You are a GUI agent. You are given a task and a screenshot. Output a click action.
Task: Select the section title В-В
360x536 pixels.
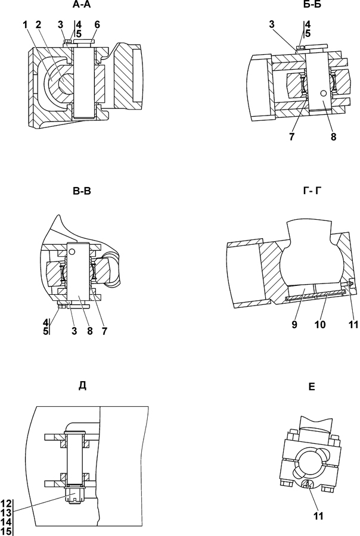(82, 191)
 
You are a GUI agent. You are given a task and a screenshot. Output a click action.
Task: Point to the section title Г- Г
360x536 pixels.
(312, 191)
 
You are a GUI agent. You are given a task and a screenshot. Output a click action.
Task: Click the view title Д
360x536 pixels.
(82, 385)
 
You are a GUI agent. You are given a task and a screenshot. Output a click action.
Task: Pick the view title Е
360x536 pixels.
(311, 387)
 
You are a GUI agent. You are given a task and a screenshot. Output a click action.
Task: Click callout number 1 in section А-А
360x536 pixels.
(25, 24)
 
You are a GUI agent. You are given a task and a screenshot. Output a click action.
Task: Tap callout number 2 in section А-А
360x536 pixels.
(38, 24)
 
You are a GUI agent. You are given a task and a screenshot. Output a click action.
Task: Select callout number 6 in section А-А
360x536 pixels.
(97, 24)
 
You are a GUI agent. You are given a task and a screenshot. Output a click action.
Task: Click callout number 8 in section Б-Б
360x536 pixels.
(333, 137)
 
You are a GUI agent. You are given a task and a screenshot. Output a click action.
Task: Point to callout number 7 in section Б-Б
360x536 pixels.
(291, 137)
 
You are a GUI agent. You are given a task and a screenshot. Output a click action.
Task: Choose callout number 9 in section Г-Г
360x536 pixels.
(294, 325)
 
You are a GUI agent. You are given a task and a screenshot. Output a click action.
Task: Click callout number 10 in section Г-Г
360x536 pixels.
(320, 325)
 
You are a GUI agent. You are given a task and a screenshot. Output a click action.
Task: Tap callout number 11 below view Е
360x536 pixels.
(318, 516)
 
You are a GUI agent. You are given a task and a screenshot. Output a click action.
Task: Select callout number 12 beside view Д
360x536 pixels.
(6, 503)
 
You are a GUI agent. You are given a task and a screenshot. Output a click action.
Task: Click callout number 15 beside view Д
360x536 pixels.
(6, 532)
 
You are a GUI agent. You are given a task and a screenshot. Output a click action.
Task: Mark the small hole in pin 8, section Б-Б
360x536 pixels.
(322, 94)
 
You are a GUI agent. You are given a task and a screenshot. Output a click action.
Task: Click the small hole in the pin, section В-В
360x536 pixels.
(72, 252)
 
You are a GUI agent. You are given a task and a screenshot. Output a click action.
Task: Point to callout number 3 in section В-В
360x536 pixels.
(75, 331)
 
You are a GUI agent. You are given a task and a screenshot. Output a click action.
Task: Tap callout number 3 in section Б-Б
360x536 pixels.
(271, 24)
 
